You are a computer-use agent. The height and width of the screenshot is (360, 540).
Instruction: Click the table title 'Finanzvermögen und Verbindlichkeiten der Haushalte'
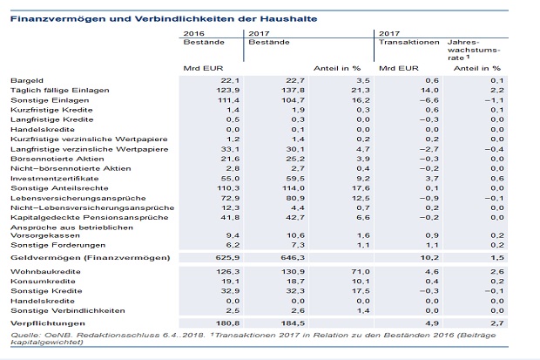click(x=164, y=18)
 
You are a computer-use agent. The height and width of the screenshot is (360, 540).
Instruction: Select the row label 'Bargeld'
click(x=27, y=81)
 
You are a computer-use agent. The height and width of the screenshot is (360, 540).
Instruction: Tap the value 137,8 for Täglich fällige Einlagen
click(x=295, y=91)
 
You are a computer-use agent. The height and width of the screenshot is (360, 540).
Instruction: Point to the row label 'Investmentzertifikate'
click(x=55, y=179)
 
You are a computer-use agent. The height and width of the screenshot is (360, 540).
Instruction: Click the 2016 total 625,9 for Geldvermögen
click(x=227, y=258)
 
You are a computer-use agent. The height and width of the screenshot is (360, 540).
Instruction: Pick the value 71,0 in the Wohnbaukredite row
click(x=361, y=272)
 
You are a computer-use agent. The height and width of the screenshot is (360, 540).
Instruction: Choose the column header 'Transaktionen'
click(x=409, y=42)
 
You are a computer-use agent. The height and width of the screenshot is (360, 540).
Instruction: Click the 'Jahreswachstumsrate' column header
click(x=474, y=50)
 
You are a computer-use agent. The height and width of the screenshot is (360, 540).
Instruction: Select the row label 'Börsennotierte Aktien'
click(x=57, y=159)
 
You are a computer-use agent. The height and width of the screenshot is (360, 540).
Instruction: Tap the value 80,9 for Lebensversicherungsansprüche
click(x=295, y=198)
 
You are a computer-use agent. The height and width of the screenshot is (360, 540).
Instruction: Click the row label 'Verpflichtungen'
click(x=48, y=323)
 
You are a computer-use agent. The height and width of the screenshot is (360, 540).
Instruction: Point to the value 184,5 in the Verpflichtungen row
click(x=293, y=323)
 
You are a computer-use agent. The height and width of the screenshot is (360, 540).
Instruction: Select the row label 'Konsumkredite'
click(x=43, y=282)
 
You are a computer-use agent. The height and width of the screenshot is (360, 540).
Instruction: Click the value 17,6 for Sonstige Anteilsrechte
click(x=361, y=188)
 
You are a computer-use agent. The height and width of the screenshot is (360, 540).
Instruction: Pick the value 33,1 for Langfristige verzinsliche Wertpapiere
click(x=231, y=149)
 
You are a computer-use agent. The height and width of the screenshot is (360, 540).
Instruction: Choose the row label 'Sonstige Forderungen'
click(x=58, y=245)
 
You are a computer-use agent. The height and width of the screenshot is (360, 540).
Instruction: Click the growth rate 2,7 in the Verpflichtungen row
click(x=497, y=323)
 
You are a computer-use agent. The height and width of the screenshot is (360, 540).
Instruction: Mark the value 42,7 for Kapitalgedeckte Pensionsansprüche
click(x=295, y=218)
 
